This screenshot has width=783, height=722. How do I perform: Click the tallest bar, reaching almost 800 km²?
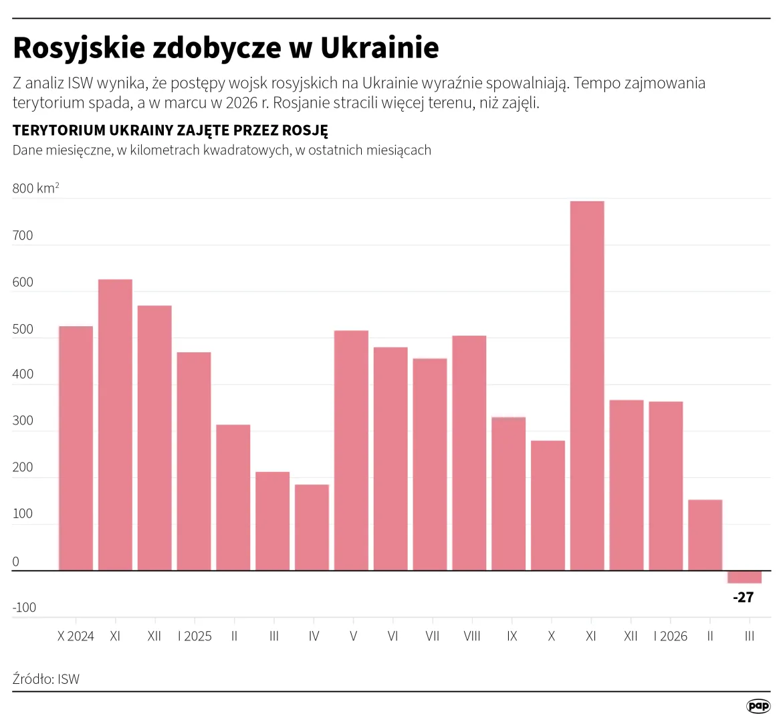(x=587, y=386)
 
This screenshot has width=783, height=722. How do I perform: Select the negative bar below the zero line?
(x=744, y=578)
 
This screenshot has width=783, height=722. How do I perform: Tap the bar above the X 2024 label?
(x=76, y=448)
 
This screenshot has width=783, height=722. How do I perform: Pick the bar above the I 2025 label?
(x=194, y=461)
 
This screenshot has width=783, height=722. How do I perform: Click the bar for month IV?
(x=312, y=527)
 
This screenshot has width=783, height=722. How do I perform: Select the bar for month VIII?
(x=469, y=453)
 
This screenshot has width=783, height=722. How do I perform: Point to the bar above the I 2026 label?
(x=666, y=486)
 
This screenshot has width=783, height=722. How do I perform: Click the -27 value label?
(x=743, y=598)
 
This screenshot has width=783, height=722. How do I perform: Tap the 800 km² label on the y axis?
(x=35, y=189)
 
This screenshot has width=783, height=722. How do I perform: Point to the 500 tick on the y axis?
(x=23, y=329)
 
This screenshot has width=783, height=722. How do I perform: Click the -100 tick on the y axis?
(x=24, y=608)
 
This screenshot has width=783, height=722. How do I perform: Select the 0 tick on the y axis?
(x=16, y=562)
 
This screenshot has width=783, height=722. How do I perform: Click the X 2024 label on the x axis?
(x=76, y=636)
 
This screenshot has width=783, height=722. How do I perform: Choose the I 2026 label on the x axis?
(x=670, y=636)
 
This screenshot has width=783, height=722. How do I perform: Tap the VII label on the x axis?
(x=433, y=636)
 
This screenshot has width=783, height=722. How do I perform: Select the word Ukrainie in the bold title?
(x=380, y=48)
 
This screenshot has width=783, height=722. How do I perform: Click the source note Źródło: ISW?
(x=46, y=679)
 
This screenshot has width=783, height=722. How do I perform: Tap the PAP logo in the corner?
(x=758, y=706)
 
